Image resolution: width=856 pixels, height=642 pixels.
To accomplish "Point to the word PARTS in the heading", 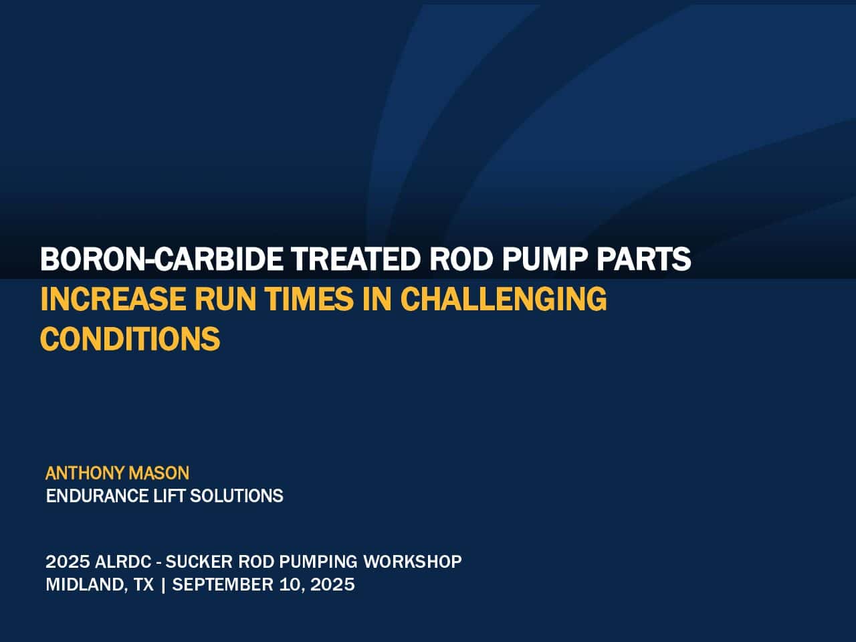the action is pyautogui.click(x=644, y=258).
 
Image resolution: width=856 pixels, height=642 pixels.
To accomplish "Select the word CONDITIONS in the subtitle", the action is pyautogui.click(x=130, y=338).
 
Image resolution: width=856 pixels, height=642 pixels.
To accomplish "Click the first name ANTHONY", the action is pyautogui.click(x=85, y=473).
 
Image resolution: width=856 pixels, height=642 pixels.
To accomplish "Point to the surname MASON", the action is pyautogui.click(x=158, y=473).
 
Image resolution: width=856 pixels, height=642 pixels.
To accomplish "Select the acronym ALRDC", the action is pyautogui.click(x=123, y=562).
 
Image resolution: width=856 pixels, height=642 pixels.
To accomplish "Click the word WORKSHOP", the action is pyautogui.click(x=413, y=562).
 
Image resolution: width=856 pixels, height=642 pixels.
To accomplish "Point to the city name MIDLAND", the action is pyautogui.click(x=86, y=584).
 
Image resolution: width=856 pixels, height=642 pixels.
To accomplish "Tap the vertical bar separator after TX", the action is pyautogui.click(x=163, y=584).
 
